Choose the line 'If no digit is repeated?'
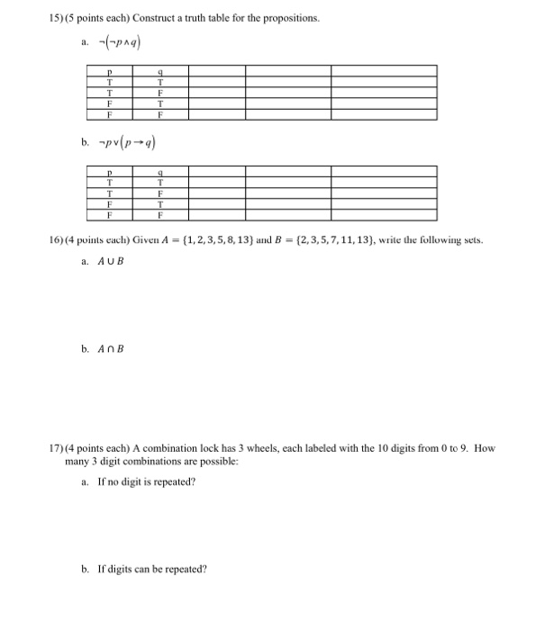click(144, 482)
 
